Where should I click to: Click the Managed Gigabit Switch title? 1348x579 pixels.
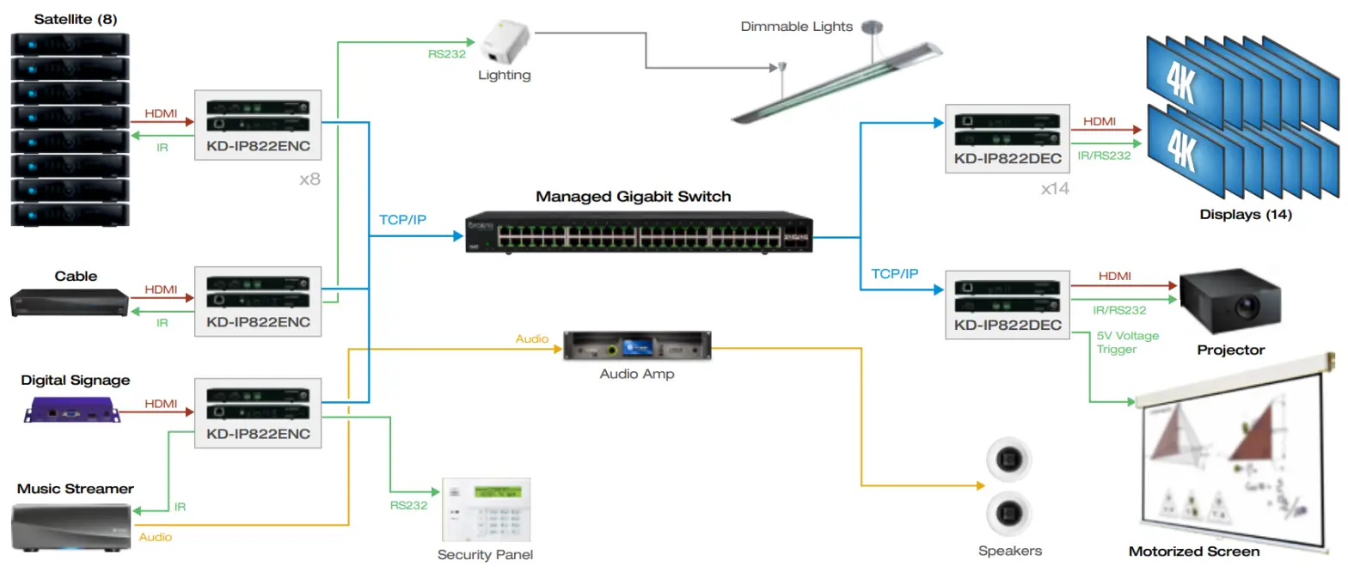(x=633, y=197)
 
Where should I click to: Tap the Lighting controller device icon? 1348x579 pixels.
(x=505, y=43)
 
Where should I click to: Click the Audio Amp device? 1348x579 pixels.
(x=637, y=347)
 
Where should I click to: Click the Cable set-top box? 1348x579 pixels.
(x=70, y=303)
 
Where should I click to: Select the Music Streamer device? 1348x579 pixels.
(x=72, y=526)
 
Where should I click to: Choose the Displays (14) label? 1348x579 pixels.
(x=1245, y=214)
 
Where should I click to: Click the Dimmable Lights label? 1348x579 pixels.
(x=796, y=27)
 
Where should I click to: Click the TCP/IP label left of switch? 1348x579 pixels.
(x=402, y=220)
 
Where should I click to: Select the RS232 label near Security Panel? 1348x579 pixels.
(x=408, y=505)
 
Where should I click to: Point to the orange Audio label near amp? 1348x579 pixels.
(x=532, y=339)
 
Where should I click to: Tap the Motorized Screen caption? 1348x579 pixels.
(x=1193, y=552)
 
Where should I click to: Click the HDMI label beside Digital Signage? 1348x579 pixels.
(x=162, y=402)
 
